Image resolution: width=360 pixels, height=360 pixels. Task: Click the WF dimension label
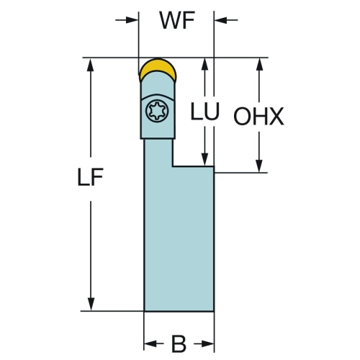pos(177,20)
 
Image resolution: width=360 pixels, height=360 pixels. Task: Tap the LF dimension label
pos(90,177)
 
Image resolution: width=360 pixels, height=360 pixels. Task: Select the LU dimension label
pos(204,111)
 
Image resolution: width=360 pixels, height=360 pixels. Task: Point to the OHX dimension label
pos(258,117)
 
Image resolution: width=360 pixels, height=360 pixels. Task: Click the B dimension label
pos(179,344)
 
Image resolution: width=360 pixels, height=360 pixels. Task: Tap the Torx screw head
pos(157,111)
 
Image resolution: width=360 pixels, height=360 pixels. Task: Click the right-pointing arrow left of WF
pos(127,20)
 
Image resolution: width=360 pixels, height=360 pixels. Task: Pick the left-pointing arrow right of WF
pos(226,20)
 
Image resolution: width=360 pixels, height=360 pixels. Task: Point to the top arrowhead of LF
pos(91,65)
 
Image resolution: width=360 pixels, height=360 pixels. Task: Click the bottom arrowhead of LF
pos(91,304)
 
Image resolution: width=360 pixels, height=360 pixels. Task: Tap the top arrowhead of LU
pos(204,64)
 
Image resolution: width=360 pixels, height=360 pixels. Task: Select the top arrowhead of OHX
pos(259,64)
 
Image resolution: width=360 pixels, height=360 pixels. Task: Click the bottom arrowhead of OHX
pos(259,166)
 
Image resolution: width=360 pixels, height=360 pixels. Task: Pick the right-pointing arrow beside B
pos(204,343)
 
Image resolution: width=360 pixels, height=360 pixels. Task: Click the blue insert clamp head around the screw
pos(158,106)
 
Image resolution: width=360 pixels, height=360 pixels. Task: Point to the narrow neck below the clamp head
pos(158,153)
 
